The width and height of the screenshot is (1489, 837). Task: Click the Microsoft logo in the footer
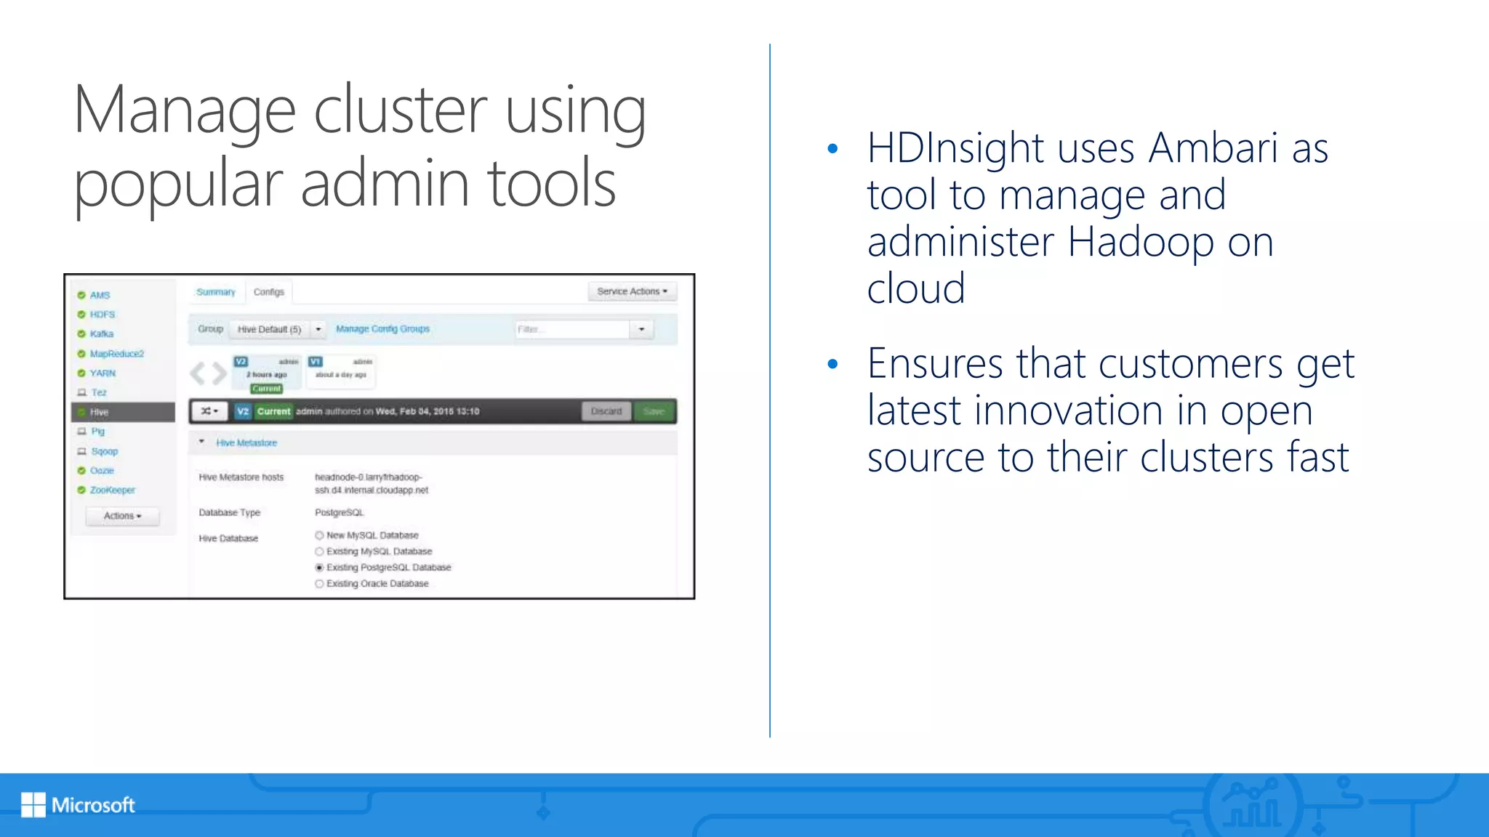click(x=78, y=804)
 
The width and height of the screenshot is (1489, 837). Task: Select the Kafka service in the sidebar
click(x=101, y=334)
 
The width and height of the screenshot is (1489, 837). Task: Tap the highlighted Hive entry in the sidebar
click(x=100, y=412)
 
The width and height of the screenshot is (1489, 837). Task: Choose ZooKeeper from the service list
click(x=112, y=490)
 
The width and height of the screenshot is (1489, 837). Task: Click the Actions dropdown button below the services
click(x=122, y=516)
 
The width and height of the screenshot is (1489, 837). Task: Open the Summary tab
click(x=216, y=292)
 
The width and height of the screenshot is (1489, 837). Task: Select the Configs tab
click(x=268, y=292)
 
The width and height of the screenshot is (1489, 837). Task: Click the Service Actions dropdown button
click(x=631, y=291)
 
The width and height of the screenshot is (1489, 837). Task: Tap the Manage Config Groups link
click(x=382, y=329)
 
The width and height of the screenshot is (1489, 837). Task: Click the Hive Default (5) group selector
click(x=269, y=329)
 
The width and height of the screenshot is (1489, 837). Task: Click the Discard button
click(x=606, y=411)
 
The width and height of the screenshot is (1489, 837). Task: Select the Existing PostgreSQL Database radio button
click(x=319, y=567)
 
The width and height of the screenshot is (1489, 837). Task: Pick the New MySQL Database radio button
click(x=319, y=535)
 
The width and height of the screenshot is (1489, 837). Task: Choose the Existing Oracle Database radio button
click(x=319, y=583)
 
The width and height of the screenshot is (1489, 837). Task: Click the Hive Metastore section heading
click(x=246, y=442)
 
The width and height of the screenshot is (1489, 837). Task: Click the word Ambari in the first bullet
click(x=1213, y=148)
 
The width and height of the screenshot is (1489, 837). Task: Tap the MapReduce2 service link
click(x=116, y=354)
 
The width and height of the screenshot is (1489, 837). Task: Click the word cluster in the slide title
click(x=400, y=110)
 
